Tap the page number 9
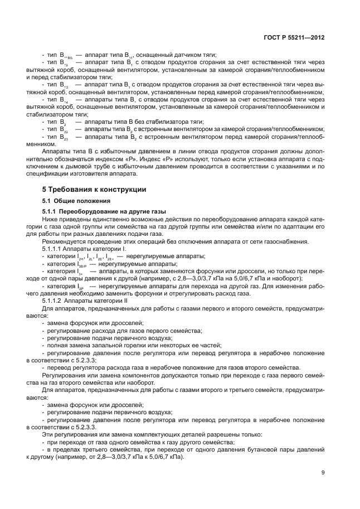[323, 473]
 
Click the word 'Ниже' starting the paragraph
[50, 220]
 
